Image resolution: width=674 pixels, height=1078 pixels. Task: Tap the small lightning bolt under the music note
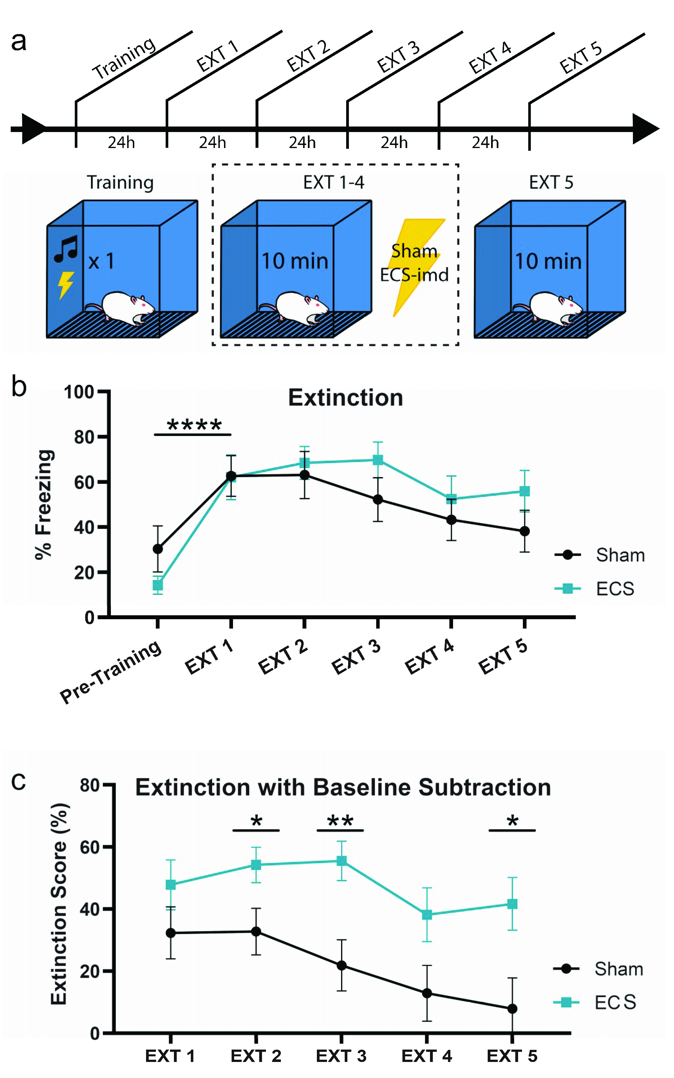point(66,285)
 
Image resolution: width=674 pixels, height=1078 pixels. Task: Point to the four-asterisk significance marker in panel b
point(194,425)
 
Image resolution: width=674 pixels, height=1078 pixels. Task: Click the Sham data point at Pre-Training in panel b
point(158,549)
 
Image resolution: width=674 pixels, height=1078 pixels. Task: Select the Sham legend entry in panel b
point(599,555)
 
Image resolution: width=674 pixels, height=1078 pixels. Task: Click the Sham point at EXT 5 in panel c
point(512,1009)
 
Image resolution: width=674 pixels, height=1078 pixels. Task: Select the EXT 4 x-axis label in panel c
point(427,1056)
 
